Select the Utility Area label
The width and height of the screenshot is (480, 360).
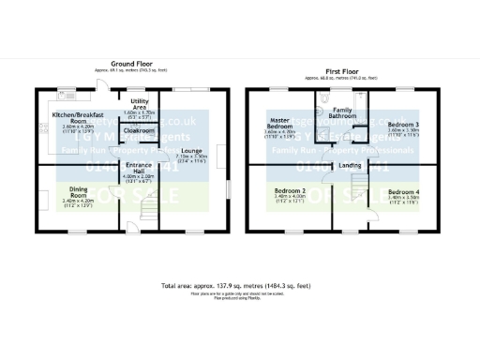tap(140, 104)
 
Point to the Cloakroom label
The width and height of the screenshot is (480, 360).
tap(140, 130)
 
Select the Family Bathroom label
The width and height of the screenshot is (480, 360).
tap(343, 114)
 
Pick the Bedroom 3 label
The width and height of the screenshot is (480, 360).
tap(403, 125)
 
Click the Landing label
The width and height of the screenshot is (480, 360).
tap(350, 165)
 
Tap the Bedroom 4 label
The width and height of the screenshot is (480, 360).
tap(403, 194)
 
